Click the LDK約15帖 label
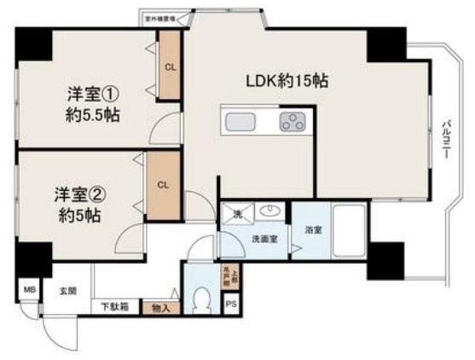click(x=287, y=82)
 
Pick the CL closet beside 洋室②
click(x=161, y=183)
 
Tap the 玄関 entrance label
click(x=67, y=291)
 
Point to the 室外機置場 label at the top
click(x=160, y=15)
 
